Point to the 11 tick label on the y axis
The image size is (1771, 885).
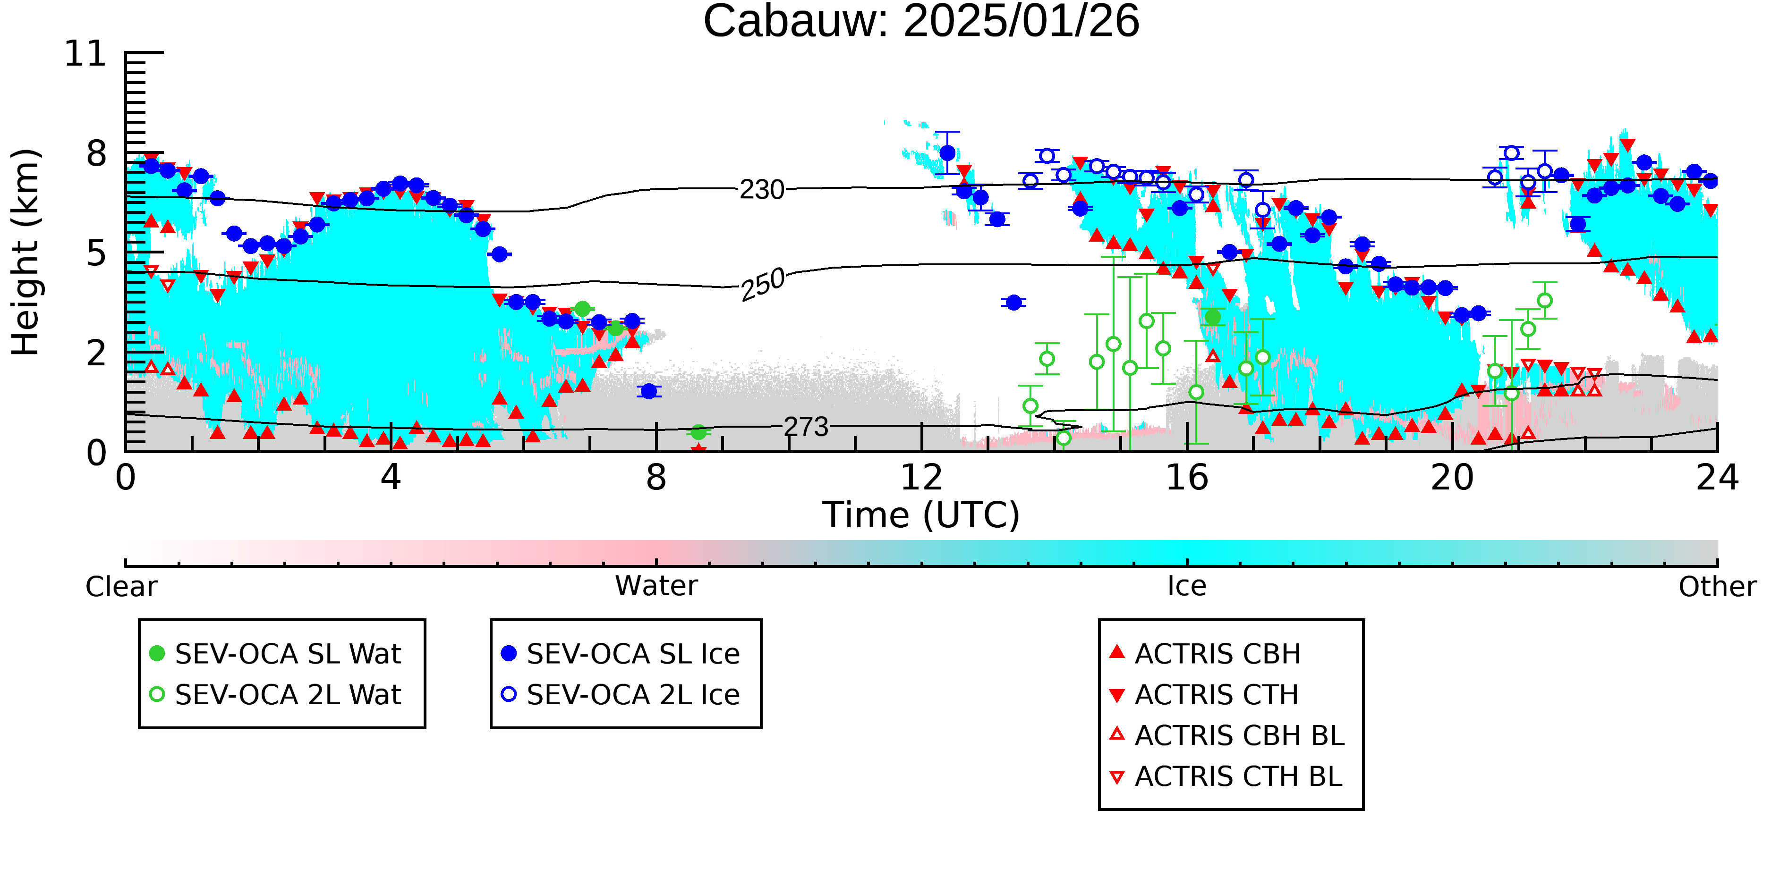tap(85, 54)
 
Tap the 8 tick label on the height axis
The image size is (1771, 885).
tap(96, 153)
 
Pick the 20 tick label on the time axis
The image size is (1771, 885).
tap(1452, 478)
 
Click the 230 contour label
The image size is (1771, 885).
tap(762, 190)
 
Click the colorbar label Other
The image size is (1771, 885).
tap(1717, 587)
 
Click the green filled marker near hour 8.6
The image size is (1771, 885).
tap(698, 432)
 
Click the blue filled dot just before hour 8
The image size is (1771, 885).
tap(648, 391)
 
